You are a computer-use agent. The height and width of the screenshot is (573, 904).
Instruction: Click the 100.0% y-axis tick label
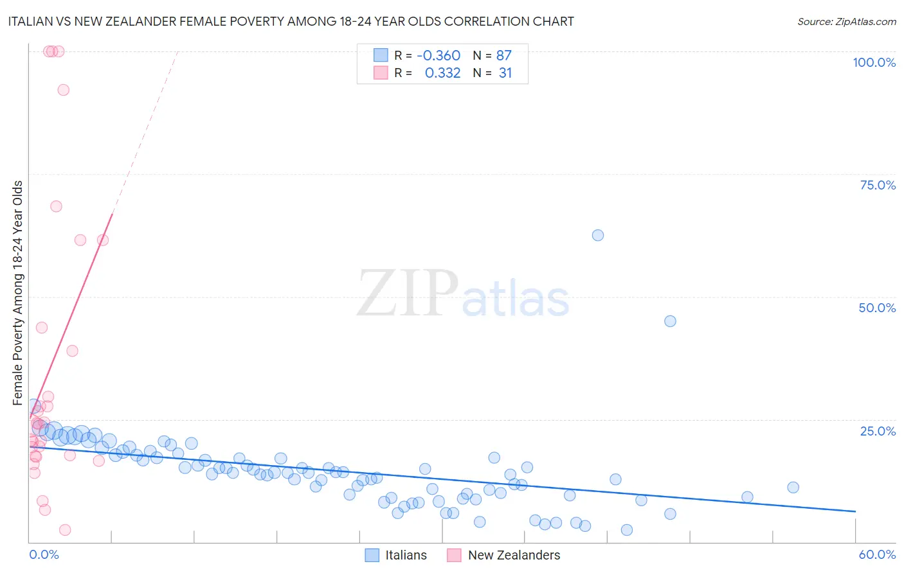pyautogui.click(x=874, y=62)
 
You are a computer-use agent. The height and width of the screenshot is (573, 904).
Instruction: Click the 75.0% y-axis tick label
pyautogui.click(x=878, y=185)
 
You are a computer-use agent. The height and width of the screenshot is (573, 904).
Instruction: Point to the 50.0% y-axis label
pyautogui.click(x=877, y=308)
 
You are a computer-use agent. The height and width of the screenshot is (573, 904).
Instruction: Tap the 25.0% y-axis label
pyautogui.click(x=878, y=431)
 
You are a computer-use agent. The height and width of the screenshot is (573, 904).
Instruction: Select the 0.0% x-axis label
pyautogui.click(x=44, y=554)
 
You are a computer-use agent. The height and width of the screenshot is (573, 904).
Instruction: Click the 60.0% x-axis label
pyautogui.click(x=877, y=554)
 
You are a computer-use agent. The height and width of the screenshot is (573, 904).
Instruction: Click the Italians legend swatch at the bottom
pyautogui.click(x=372, y=555)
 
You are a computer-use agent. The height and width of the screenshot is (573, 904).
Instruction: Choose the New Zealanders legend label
pyautogui.click(x=514, y=555)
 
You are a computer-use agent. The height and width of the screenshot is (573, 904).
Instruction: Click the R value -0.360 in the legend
pyautogui.click(x=438, y=56)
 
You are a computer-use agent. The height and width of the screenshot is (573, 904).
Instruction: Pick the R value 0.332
pyautogui.click(x=442, y=73)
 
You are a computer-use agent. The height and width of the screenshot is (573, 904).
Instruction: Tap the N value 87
pyautogui.click(x=504, y=56)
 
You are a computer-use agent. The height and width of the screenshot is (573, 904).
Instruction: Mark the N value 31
pyautogui.click(x=505, y=73)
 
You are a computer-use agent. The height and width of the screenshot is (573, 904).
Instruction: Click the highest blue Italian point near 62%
pyautogui.click(x=598, y=235)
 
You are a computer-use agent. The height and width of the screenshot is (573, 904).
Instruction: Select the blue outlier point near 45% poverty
pyautogui.click(x=670, y=321)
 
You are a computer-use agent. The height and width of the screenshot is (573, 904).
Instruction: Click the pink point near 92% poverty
pyautogui.click(x=63, y=90)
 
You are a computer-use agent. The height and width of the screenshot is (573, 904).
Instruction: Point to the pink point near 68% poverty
pyautogui.click(x=56, y=206)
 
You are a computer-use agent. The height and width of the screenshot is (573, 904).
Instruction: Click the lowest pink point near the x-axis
pyautogui.click(x=65, y=530)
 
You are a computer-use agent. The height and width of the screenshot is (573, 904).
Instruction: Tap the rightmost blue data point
pyautogui.click(x=793, y=488)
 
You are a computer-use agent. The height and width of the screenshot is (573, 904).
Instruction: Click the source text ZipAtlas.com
pyautogui.click(x=846, y=22)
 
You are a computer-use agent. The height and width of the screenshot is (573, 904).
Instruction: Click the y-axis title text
pyautogui.click(x=17, y=293)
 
